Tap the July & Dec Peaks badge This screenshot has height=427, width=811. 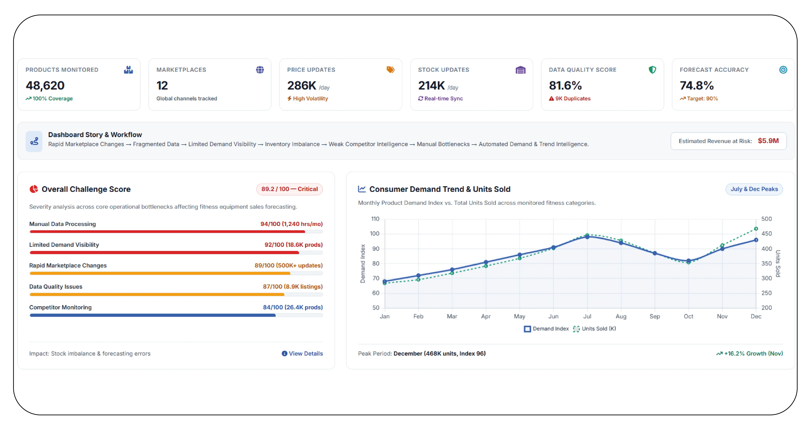pos(754,189)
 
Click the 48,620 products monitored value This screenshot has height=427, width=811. pos(45,86)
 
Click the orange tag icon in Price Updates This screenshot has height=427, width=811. pos(390,69)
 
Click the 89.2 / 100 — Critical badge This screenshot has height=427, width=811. pos(289,189)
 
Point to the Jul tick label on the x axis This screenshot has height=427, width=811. pos(587,316)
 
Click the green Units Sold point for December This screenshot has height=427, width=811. pos(756,229)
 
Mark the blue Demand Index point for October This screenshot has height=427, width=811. pos(689,261)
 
